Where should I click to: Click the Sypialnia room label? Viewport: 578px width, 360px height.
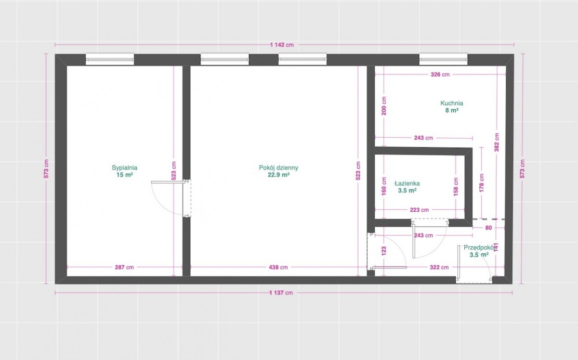click(124, 167)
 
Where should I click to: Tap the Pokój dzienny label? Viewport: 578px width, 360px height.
click(278, 167)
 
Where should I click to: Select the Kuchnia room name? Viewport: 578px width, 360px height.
click(452, 103)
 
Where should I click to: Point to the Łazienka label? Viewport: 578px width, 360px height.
click(407, 183)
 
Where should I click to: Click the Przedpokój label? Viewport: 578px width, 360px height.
click(479, 247)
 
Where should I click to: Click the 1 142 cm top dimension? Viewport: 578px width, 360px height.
click(282, 45)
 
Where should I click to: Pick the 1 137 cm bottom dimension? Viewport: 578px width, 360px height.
click(281, 293)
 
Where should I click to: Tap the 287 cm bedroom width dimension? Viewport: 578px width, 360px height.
click(124, 268)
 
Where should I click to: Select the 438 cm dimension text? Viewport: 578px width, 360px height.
click(278, 268)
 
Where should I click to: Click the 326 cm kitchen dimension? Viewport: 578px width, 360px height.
click(440, 75)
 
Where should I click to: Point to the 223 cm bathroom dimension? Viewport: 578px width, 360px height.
click(420, 210)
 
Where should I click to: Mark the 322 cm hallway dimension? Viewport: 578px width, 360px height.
click(439, 268)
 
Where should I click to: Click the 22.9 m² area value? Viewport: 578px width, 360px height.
click(278, 175)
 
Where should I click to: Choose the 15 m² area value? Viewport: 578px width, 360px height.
click(124, 175)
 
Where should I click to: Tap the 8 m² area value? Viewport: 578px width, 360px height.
click(452, 110)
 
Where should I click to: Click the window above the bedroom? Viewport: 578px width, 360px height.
click(110, 59)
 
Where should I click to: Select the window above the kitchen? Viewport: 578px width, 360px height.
click(443, 59)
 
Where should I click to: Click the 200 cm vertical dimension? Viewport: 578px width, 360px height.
click(384, 106)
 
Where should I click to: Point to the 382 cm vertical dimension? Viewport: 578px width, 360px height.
click(497, 142)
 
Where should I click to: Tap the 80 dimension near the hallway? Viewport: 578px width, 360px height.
click(488, 228)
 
